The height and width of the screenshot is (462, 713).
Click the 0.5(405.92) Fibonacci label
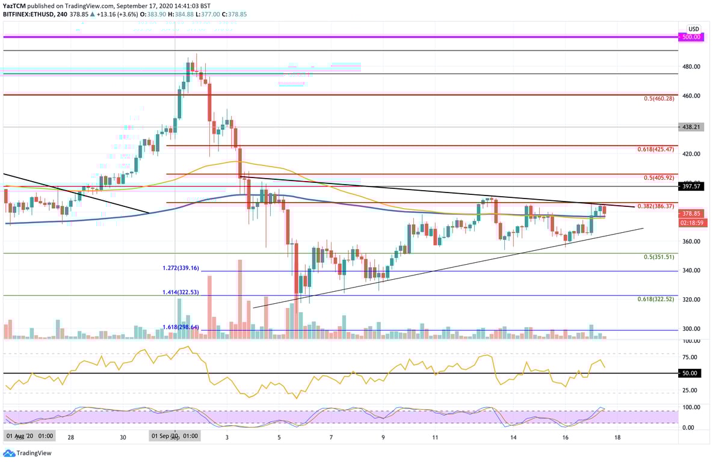pyautogui.click(x=658, y=177)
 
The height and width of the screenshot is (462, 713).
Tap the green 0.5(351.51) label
pyautogui.click(x=658, y=257)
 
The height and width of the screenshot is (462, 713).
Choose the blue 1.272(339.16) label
pyautogui.click(x=181, y=268)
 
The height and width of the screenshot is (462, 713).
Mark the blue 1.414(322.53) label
pyautogui.click(x=181, y=292)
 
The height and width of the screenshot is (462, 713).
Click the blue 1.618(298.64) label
pyautogui.click(x=181, y=327)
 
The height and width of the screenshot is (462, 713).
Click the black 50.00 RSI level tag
pyautogui.click(x=690, y=374)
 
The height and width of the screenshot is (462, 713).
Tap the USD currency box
pyautogui.click(x=694, y=29)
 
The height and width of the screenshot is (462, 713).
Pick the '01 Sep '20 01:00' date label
pyautogui.click(x=174, y=436)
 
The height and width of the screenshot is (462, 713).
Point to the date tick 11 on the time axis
pyautogui.click(x=435, y=437)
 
